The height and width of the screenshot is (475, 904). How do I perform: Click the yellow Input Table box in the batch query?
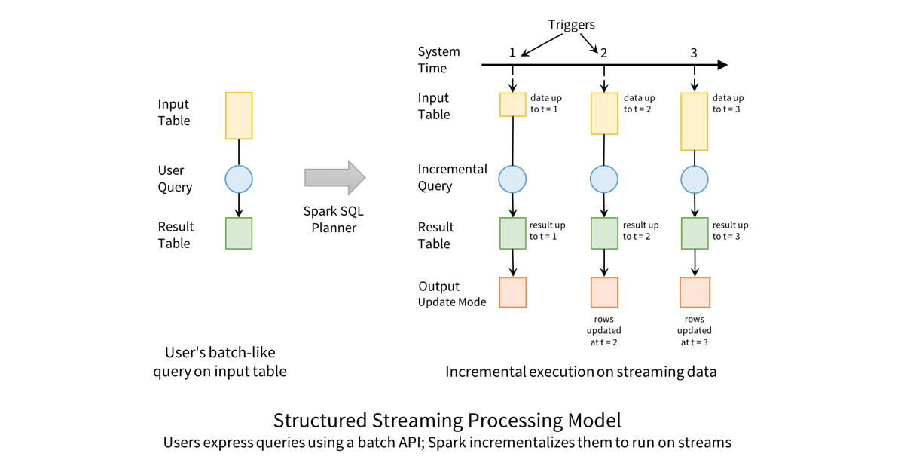[239, 116]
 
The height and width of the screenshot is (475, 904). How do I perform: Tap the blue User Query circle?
[239, 179]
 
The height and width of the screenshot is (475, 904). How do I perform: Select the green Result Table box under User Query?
[239, 234]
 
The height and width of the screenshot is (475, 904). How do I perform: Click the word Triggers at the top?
[571, 25]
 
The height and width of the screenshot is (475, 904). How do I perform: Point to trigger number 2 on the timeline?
[603, 53]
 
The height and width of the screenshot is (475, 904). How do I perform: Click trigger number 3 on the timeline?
[694, 53]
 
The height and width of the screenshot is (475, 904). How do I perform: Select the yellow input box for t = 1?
[513, 104]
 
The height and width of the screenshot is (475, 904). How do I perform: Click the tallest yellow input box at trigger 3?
[694, 121]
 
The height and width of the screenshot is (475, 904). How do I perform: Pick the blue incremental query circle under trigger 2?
[603, 179]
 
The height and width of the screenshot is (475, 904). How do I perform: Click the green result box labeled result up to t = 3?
[694, 233]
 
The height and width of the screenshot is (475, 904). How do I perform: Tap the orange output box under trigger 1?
[513, 293]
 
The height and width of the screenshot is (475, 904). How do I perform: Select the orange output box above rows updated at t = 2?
[603, 293]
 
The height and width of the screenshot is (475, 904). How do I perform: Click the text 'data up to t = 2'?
[639, 103]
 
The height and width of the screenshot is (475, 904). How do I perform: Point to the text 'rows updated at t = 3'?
[694, 330]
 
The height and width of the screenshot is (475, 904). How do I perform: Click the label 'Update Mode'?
[452, 302]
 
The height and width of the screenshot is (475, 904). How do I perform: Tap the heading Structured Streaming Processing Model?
[447, 420]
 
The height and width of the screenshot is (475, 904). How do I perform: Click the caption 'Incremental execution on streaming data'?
[580, 372]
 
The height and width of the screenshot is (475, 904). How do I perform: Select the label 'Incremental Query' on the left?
[452, 177]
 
